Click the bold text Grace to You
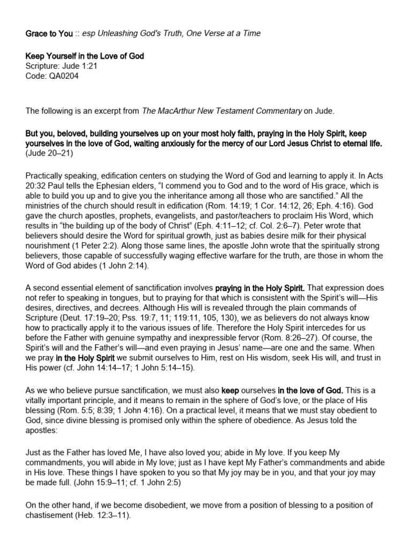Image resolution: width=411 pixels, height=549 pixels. pyautogui.click(x=49, y=33)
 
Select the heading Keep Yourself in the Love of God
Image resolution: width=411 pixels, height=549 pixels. pyautogui.click(x=85, y=56)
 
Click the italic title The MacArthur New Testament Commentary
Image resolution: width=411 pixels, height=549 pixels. pyautogui.click(x=222, y=110)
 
